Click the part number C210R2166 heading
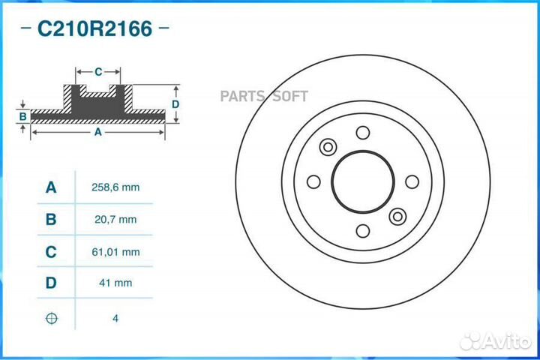tap(94, 28)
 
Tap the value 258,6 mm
tap(115, 187)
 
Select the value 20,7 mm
tap(115, 220)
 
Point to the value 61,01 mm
tap(115, 252)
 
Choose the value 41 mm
tap(115, 283)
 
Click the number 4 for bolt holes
tap(115, 318)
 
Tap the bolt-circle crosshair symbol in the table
tap(51, 318)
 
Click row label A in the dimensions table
tap(51, 187)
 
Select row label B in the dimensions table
tap(51, 220)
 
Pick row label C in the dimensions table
tap(51, 252)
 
